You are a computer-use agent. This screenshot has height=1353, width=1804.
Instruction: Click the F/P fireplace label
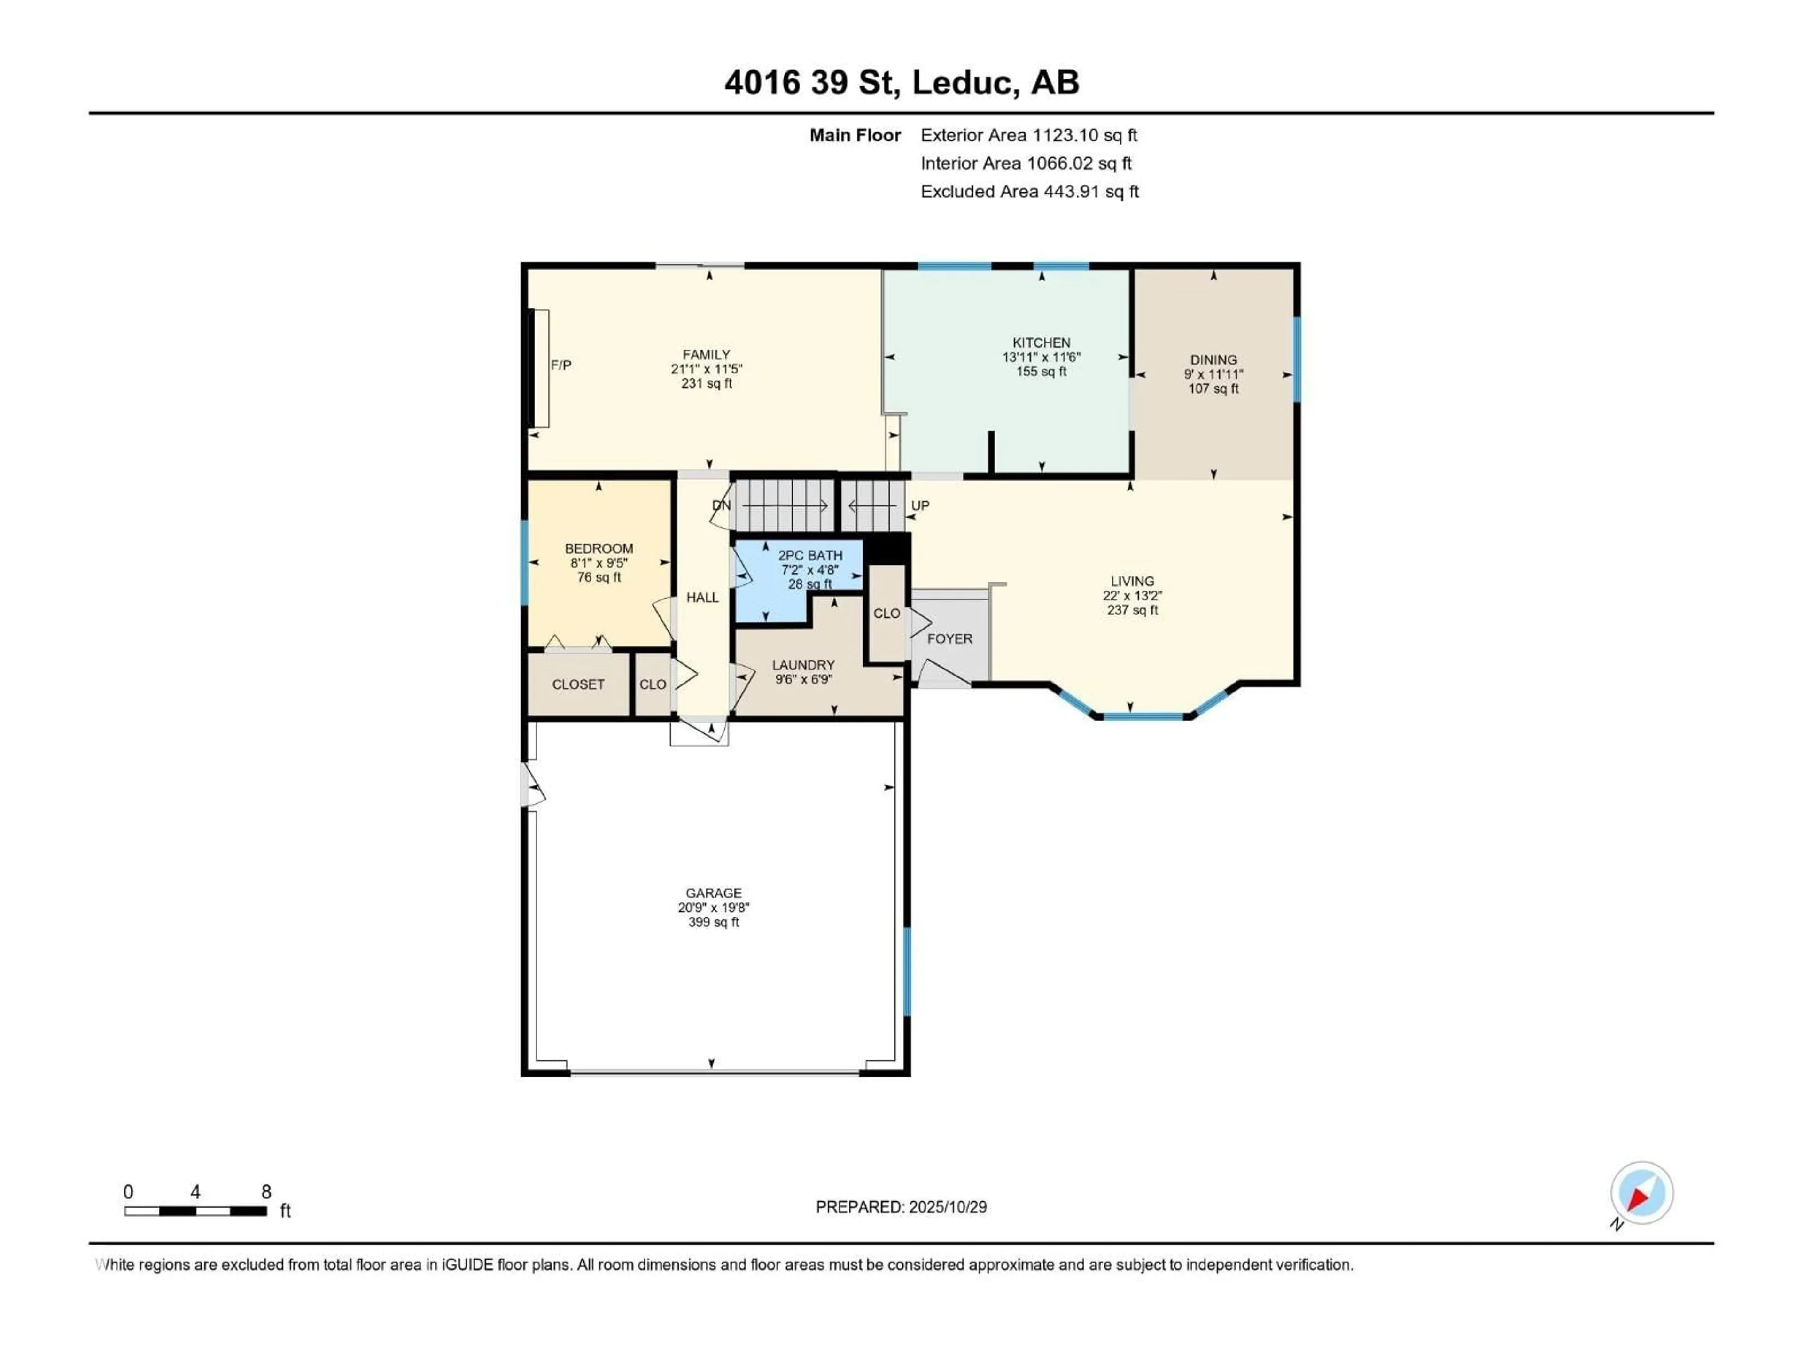tap(561, 365)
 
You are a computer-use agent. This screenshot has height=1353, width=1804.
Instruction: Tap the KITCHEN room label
tap(1042, 342)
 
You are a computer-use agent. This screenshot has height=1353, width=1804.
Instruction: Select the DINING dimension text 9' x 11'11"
tap(1213, 374)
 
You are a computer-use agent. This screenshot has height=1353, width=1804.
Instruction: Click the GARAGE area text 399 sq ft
tap(714, 922)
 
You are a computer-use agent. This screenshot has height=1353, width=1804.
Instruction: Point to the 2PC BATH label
tap(810, 555)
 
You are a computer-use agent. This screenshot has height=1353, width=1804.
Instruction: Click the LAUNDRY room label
tap(803, 665)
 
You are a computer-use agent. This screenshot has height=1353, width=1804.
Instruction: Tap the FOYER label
tap(950, 638)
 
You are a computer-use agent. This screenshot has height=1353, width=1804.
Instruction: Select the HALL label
tap(702, 598)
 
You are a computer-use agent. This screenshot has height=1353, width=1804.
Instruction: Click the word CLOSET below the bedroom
tap(578, 684)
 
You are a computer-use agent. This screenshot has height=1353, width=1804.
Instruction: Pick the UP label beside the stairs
tap(920, 505)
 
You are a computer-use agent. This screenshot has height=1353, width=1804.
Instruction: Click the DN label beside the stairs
tap(722, 505)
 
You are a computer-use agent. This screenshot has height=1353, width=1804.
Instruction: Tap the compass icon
tap(1642, 1193)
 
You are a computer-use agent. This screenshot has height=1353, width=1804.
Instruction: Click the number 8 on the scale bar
tap(266, 1192)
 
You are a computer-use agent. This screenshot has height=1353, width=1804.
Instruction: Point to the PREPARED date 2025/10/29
tap(901, 1207)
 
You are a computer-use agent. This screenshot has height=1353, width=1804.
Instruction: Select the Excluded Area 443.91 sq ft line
tap(1029, 192)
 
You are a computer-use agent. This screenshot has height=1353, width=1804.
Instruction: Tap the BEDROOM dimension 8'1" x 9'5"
tap(599, 563)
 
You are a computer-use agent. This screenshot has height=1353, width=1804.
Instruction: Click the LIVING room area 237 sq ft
tap(1132, 610)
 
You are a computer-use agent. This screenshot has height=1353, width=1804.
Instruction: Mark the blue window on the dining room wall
tap(1297, 359)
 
